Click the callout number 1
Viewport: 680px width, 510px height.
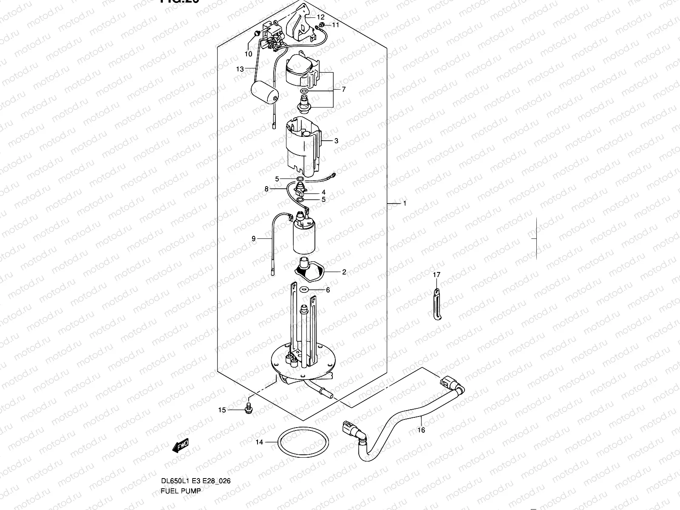tap(405, 204)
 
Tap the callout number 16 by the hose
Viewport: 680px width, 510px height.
tap(421, 430)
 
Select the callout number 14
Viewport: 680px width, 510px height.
tap(259, 442)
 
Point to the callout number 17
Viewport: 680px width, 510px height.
tap(437, 275)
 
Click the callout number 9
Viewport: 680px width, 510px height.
tap(254, 239)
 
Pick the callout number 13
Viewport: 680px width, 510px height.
tap(240, 69)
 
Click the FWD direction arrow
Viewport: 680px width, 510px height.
tap(180, 446)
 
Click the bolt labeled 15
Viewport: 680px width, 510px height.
tap(249, 407)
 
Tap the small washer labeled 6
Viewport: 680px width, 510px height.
tap(304, 289)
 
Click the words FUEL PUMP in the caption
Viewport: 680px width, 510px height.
tap(180, 455)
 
